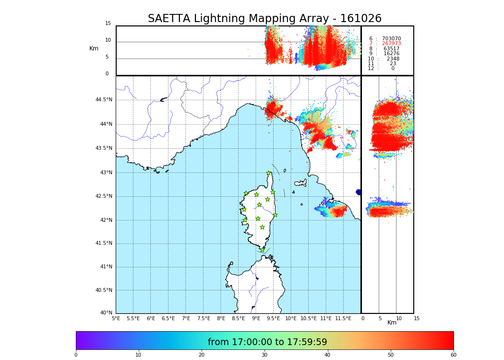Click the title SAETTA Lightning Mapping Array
(x=264, y=19)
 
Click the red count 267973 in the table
(x=391, y=44)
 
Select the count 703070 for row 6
(x=391, y=39)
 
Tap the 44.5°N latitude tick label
(x=104, y=100)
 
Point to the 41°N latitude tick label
(x=106, y=267)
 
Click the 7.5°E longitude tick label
(x=204, y=318)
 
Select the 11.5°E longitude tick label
(x=343, y=318)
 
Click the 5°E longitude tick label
(x=116, y=318)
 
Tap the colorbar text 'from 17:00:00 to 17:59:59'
(x=267, y=342)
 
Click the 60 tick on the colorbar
(x=453, y=355)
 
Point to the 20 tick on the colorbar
(x=202, y=355)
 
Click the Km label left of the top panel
(x=94, y=48)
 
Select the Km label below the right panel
(x=392, y=323)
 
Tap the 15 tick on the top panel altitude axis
(x=108, y=24)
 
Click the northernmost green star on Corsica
(x=269, y=173)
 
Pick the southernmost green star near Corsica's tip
(x=262, y=250)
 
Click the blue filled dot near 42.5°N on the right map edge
(x=359, y=192)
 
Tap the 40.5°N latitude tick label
(x=104, y=290)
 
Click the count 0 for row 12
(x=393, y=69)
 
